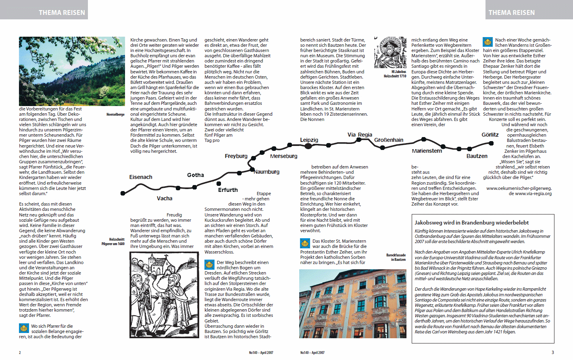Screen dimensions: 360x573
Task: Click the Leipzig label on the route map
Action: point(309,140)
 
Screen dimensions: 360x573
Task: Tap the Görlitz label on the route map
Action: point(490,135)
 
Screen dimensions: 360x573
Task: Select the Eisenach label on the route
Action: point(141,177)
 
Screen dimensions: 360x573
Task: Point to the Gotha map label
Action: point(196,175)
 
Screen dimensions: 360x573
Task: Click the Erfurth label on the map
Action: point(228,190)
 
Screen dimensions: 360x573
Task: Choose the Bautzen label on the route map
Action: point(477,156)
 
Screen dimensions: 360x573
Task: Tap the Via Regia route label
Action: point(360,135)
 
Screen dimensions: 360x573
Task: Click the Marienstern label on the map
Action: point(427,151)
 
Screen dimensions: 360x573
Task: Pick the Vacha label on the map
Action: point(165,198)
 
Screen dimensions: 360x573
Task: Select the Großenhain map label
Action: point(389,140)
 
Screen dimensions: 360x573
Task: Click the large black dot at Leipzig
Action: point(308,146)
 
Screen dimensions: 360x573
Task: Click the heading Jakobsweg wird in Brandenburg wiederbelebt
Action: point(471,223)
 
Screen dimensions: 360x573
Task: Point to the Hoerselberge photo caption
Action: point(115,114)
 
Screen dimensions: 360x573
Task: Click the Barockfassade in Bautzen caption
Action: point(396,257)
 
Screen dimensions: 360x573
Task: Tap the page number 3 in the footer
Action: point(552,352)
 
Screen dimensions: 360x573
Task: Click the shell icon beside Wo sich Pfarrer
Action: point(24,328)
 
